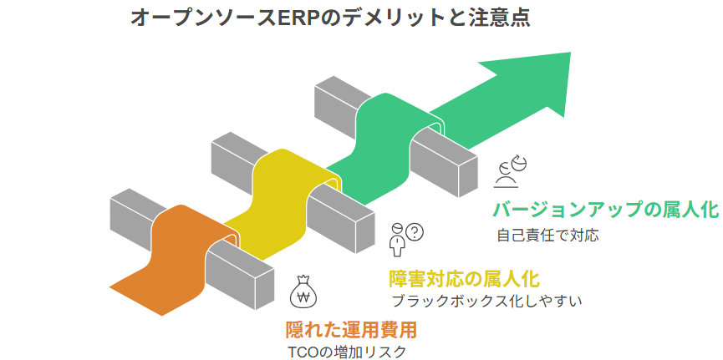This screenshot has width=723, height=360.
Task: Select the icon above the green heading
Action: (x=510, y=170)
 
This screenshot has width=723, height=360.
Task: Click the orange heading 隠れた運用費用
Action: (x=351, y=330)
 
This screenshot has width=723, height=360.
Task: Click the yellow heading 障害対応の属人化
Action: (x=464, y=278)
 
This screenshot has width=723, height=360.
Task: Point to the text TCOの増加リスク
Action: (x=346, y=352)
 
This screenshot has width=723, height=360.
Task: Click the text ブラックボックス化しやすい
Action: (x=487, y=300)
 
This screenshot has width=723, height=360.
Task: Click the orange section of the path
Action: (x=171, y=251)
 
